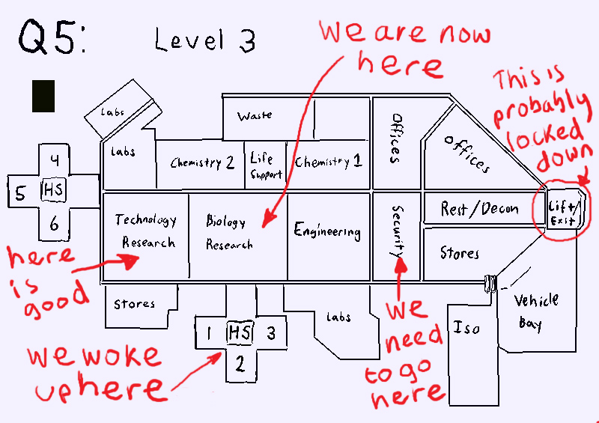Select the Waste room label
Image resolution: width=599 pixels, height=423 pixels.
point(255,117)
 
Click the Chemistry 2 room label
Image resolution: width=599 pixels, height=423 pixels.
point(202,162)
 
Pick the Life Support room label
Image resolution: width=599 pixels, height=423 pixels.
point(266,165)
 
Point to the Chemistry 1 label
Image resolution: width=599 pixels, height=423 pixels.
point(328,162)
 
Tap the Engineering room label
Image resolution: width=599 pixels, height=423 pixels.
point(327,231)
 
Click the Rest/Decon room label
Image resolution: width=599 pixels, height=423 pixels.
point(479,208)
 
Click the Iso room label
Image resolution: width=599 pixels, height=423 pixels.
point(467,328)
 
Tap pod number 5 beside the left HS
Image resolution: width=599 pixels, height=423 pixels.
point(20,193)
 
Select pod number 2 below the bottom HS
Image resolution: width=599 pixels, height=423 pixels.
point(240,365)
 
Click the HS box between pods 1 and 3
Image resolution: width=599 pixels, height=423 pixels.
point(239,332)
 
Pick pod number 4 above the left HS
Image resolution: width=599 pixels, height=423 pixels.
point(55,159)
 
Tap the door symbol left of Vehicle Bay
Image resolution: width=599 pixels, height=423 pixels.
point(491,282)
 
